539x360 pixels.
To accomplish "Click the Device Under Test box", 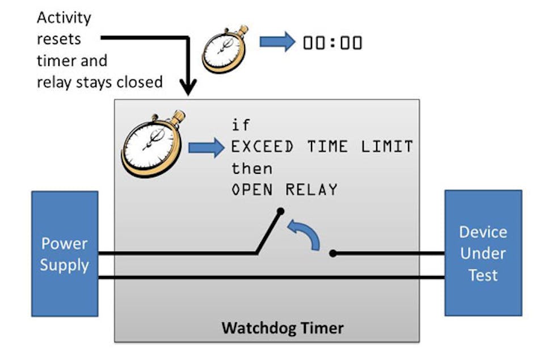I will [x=483, y=253].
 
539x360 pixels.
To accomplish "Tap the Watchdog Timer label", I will [x=282, y=328].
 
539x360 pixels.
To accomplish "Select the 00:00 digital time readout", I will [x=332, y=43].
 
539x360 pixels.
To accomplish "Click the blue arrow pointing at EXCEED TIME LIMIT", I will [x=206, y=148].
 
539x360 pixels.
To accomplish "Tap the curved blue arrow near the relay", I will [x=305, y=235].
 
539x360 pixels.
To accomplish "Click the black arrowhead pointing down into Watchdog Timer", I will [x=188, y=87].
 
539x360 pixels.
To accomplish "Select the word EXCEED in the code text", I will [x=262, y=147].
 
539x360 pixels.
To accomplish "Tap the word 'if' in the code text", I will [x=240, y=125].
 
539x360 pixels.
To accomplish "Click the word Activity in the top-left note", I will [x=64, y=18].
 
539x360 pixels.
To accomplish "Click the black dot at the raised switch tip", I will [x=279, y=212].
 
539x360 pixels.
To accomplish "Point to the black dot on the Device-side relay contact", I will [x=333, y=254].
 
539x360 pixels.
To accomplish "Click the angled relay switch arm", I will [x=268, y=232].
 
